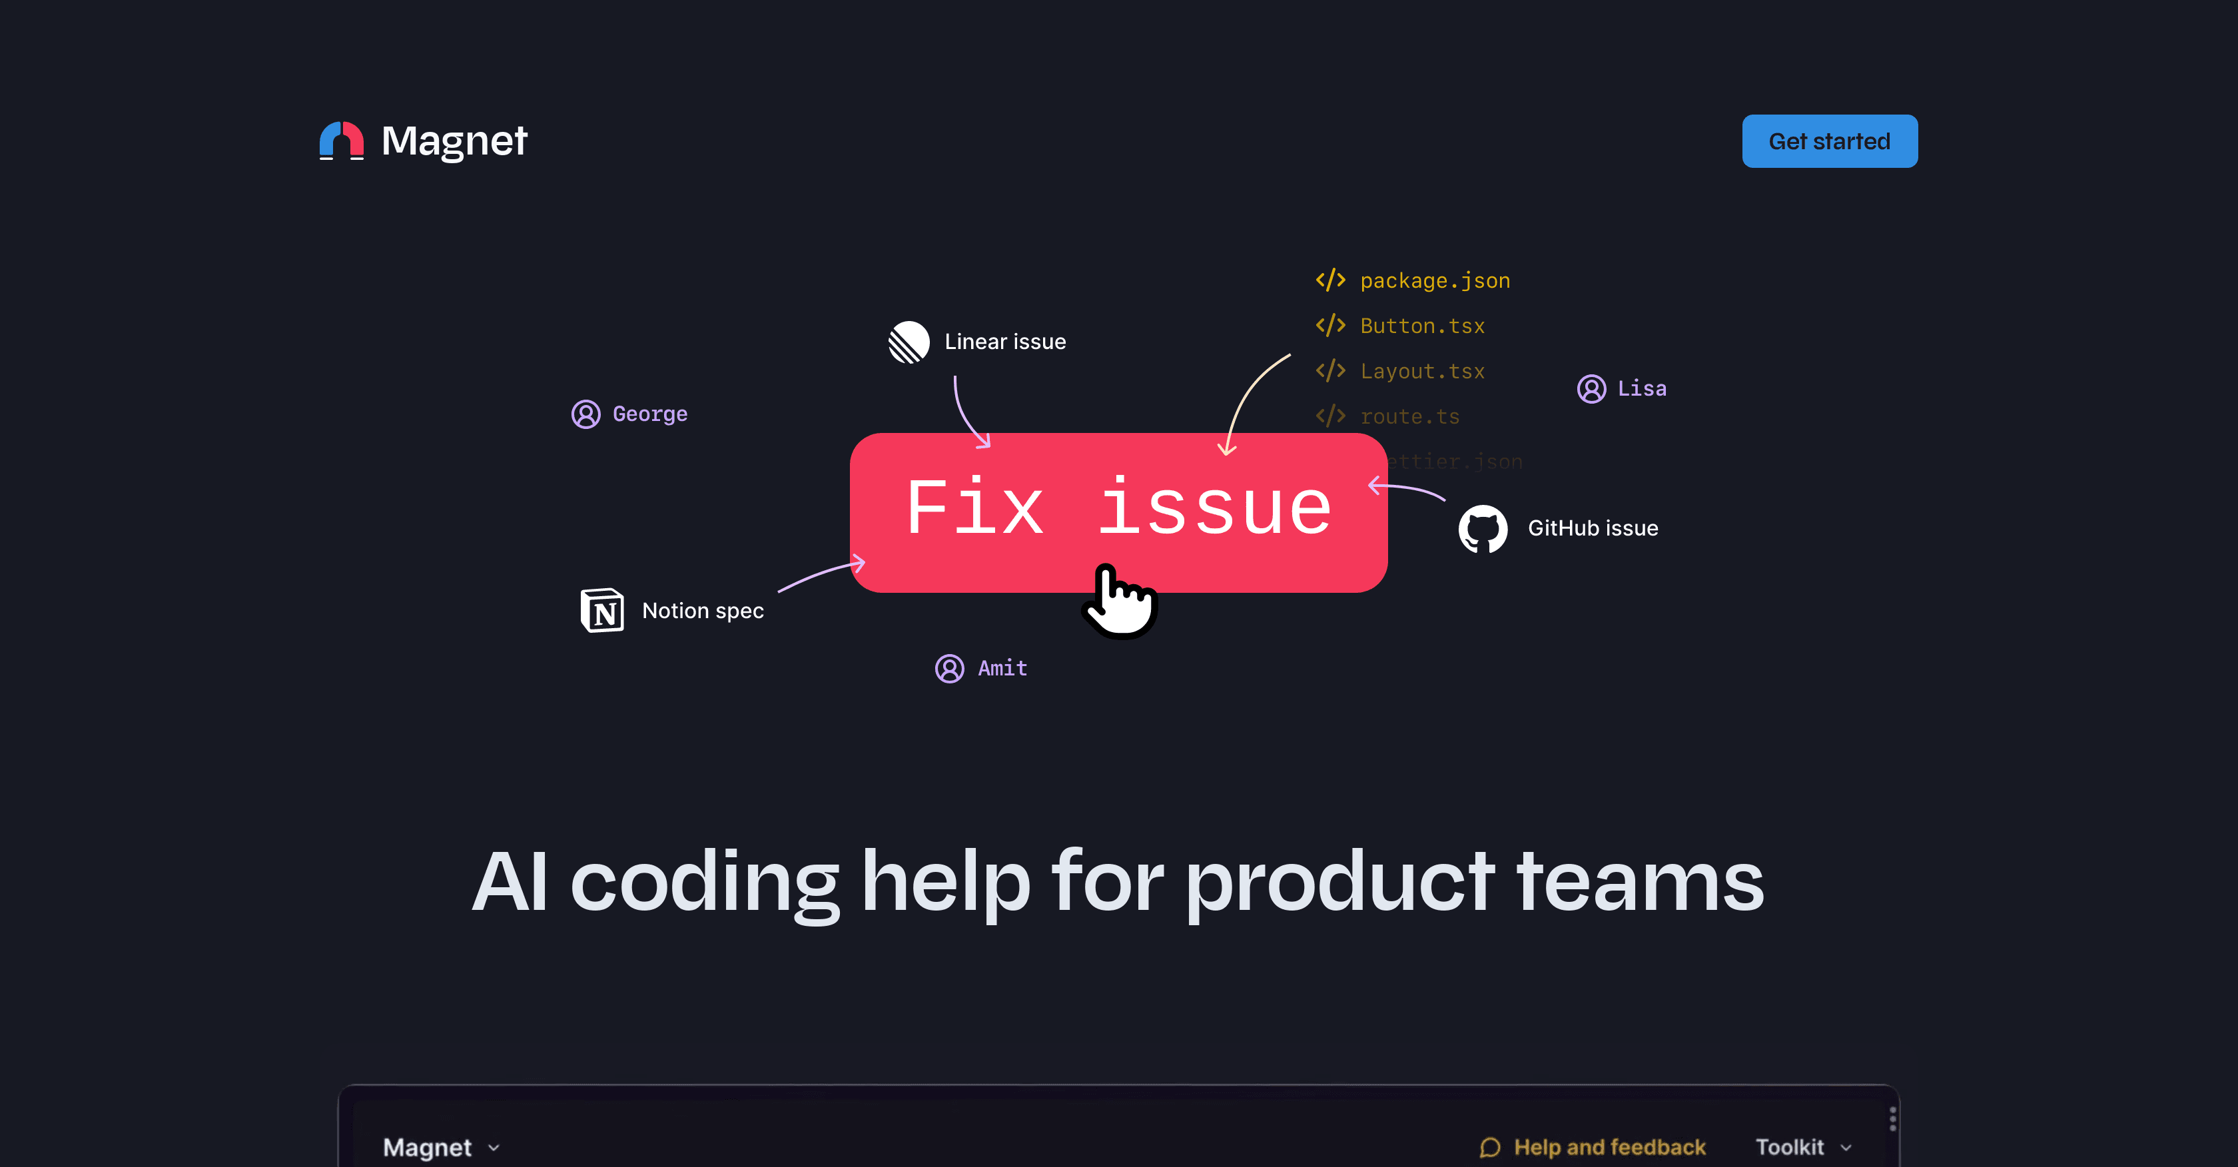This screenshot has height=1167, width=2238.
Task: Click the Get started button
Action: [1829, 141]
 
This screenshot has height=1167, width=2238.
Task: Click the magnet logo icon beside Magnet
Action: [342, 141]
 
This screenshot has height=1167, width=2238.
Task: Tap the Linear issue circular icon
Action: [909, 342]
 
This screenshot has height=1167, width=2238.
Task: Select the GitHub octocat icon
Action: [1482, 528]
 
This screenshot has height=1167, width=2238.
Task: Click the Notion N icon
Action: [602, 610]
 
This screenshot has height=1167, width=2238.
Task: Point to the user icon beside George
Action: [585, 414]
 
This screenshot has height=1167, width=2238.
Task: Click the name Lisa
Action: [1641, 388]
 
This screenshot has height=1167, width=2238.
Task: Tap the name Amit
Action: [1002, 668]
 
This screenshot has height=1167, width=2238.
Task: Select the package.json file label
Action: [1434, 280]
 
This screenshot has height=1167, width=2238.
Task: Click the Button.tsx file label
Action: [1422, 326]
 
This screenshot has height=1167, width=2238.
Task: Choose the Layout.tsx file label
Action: [1422, 371]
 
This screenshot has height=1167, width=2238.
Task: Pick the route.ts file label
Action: [1409, 416]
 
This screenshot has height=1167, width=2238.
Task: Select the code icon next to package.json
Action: [1330, 280]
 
